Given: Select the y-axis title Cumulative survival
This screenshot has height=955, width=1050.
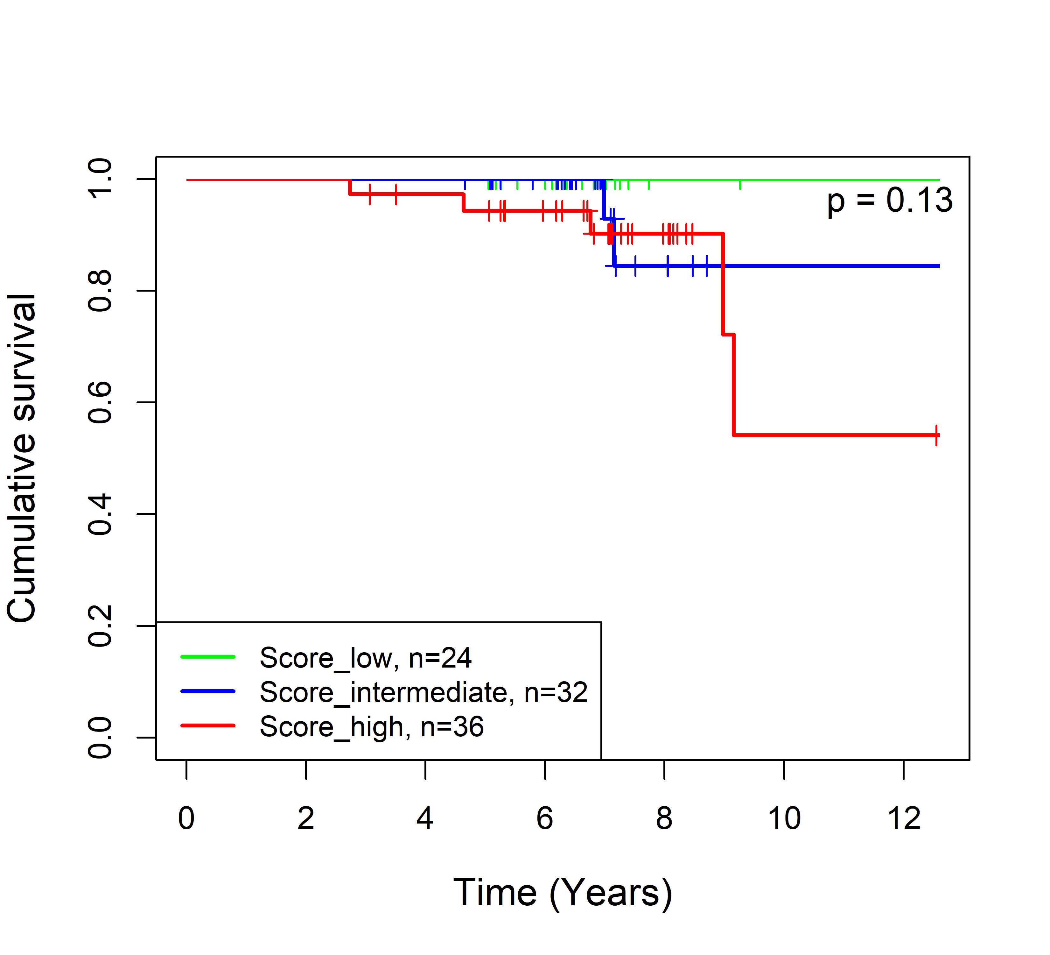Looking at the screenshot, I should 22,458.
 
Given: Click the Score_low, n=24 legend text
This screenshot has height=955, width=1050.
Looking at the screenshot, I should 365,658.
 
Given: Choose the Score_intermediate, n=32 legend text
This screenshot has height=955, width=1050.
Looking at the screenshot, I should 423,692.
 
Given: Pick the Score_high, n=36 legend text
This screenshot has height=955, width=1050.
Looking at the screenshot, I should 371,726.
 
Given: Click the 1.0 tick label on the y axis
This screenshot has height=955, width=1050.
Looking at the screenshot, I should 100,179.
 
